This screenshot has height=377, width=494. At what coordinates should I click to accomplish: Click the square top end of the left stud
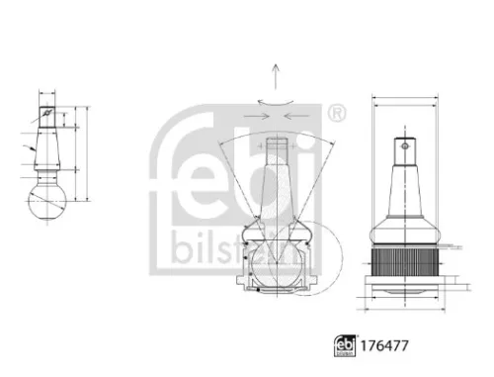click(x=47, y=110)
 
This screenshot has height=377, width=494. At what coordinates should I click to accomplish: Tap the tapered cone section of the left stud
click(x=46, y=144)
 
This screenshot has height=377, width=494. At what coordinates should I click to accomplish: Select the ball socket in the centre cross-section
click(x=276, y=262)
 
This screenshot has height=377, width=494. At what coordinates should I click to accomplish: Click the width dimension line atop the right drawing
click(x=405, y=98)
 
